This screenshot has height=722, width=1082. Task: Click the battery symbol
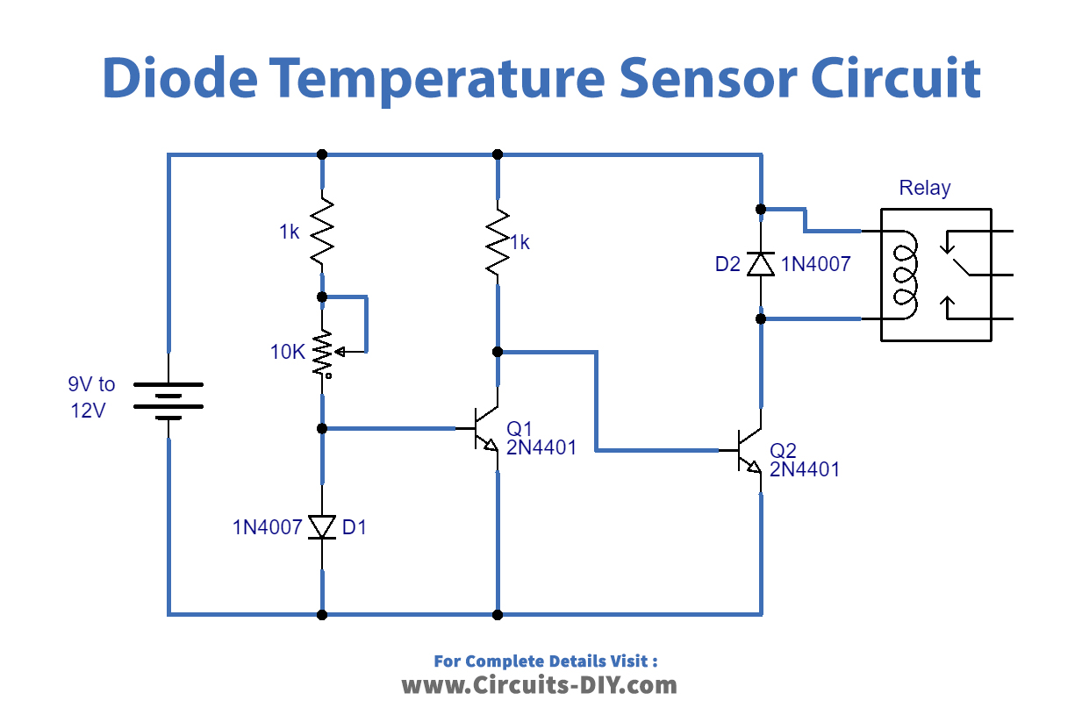click(168, 400)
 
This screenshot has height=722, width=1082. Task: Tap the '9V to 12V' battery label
click(91, 397)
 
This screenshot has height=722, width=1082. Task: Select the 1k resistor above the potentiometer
click(322, 232)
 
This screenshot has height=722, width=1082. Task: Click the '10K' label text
click(288, 353)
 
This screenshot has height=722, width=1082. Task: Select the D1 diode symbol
click(323, 527)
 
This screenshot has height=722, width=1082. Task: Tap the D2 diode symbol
click(761, 263)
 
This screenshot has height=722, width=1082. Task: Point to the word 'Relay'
click(924, 188)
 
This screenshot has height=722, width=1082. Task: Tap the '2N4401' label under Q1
click(541, 447)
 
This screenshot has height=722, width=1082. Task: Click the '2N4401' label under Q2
click(805, 469)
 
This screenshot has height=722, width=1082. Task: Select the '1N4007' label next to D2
click(816, 264)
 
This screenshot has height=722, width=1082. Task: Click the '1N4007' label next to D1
click(268, 527)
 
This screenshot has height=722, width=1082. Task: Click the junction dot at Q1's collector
click(498, 352)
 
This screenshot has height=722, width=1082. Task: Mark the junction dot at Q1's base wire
click(322, 428)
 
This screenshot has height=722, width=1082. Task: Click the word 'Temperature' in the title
click(436, 78)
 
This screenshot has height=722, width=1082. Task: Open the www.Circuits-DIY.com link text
click(540, 685)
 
